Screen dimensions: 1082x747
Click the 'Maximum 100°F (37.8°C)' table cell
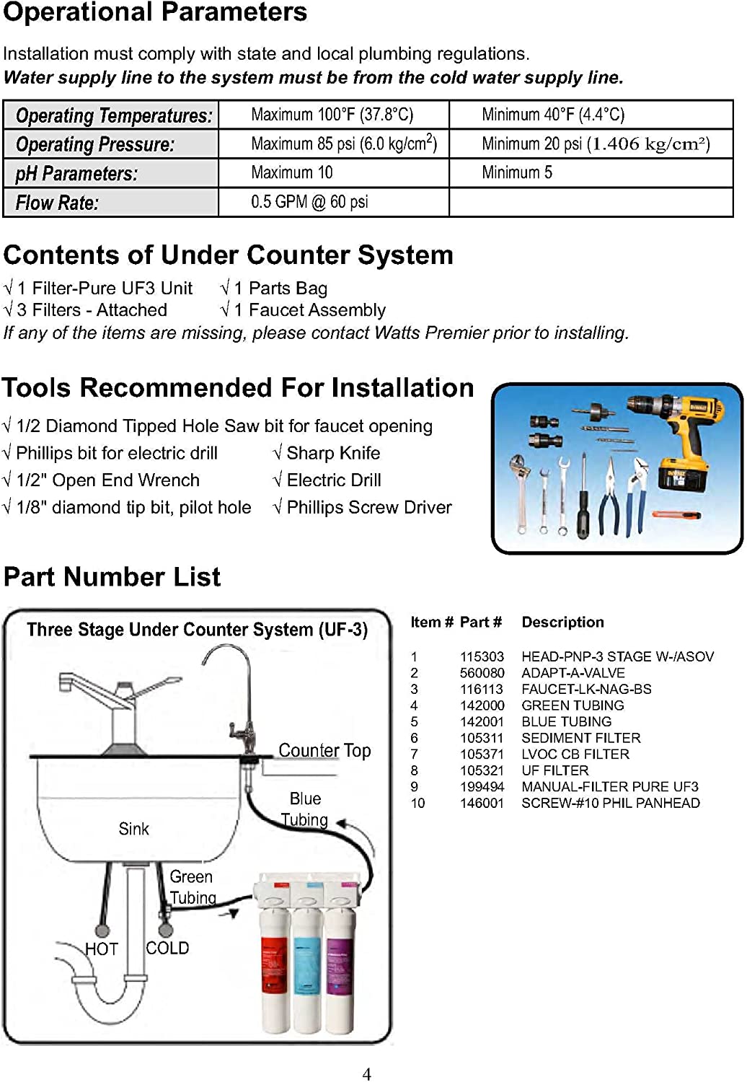(332, 115)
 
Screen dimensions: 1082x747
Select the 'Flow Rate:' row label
(57, 203)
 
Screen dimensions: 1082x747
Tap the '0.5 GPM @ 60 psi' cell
(309, 202)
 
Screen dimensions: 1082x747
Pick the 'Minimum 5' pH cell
(517, 172)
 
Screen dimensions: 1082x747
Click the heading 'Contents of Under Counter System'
(228, 255)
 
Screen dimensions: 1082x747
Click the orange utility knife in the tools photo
(676, 515)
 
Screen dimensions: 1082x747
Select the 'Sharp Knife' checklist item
(333, 453)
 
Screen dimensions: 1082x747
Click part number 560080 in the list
(482, 673)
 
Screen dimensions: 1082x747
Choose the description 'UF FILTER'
(555, 770)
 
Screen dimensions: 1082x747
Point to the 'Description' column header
(562, 622)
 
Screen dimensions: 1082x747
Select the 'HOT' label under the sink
(101, 949)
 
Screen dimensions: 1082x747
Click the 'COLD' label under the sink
(167, 948)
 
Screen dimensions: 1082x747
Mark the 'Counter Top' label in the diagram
(324, 751)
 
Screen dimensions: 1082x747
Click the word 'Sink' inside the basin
(133, 829)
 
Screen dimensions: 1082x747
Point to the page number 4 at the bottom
(366, 1074)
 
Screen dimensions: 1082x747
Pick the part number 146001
(482, 803)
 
